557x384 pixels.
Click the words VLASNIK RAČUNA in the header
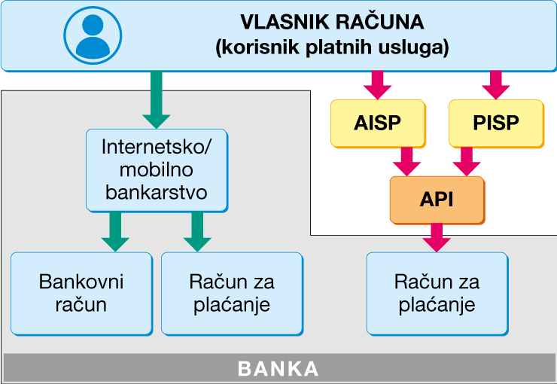[x=332, y=21]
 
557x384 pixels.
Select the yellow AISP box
[x=378, y=123]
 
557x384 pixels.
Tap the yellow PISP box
[x=496, y=123]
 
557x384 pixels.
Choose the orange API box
[x=437, y=200]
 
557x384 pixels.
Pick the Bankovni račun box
[x=81, y=293]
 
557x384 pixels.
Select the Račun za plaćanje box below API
[x=437, y=293]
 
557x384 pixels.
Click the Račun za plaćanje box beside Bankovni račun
[x=232, y=293]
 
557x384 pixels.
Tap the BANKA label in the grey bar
[x=278, y=369]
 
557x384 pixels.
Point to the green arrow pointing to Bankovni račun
[x=115, y=230]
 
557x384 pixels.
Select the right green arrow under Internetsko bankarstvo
[x=197, y=230]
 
